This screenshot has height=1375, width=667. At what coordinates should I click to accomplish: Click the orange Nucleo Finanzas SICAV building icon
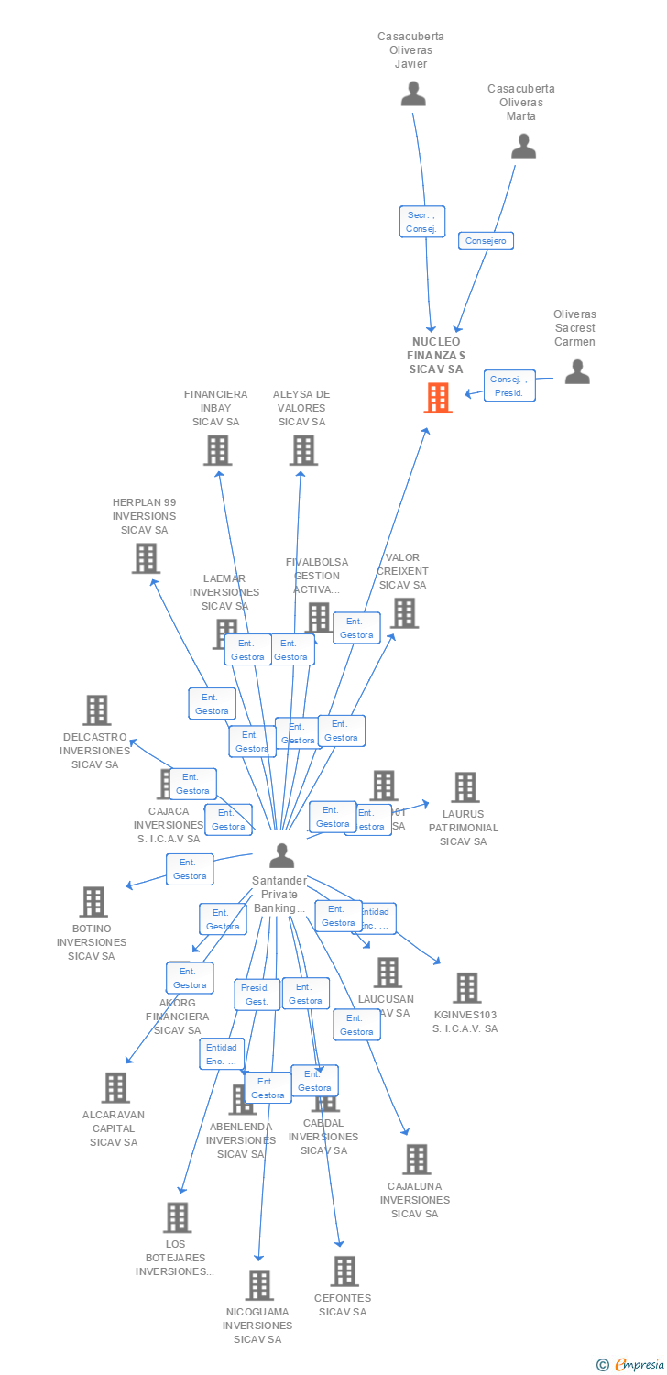click(438, 398)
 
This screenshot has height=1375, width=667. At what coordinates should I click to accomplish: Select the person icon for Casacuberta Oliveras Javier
click(413, 93)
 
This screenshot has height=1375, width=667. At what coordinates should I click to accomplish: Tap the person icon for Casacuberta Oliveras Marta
click(523, 146)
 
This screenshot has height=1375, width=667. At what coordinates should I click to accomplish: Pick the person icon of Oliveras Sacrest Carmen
click(576, 371)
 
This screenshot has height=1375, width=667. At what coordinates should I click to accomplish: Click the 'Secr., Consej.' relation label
click(422, 222)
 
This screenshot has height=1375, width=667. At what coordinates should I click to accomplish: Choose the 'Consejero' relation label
click(486, 241)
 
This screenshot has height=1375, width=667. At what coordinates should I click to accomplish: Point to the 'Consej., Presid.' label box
click(508, 386)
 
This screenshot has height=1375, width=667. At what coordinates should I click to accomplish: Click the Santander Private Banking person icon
click(281, 855)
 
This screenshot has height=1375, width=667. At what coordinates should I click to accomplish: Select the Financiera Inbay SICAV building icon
click(217, 450)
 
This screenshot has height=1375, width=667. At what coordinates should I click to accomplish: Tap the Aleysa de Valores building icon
click(303, 450)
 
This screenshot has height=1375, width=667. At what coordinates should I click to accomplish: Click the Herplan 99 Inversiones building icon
click(146, 558)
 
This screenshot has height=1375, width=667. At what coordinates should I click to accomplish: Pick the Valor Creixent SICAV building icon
click(404, 613)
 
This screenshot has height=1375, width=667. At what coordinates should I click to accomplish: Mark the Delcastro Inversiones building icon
click(96, 710)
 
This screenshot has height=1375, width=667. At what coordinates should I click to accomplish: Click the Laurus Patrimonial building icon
click(465, 787)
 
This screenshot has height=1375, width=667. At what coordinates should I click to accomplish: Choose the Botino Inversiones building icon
click(93, 902)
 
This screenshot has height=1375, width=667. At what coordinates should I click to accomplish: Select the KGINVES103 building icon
click(466, 988)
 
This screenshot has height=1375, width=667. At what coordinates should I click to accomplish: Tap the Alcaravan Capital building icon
click(115, 1088)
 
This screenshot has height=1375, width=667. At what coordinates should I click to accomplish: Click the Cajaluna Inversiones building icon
click(416, 1160)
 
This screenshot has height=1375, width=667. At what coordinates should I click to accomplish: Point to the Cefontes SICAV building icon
click(344, 1271)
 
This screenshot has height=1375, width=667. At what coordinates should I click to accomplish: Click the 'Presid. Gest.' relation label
click(256, 995)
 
